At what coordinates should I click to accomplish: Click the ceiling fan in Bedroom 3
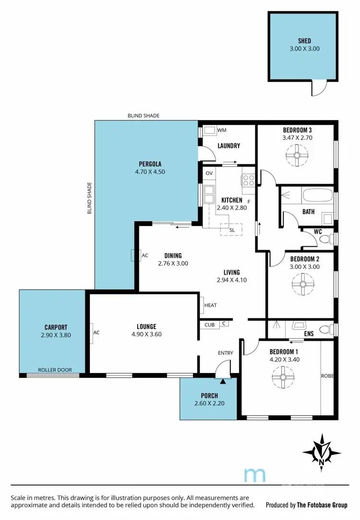296,156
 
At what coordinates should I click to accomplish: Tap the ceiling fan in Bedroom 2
303,284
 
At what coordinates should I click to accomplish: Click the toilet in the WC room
325,238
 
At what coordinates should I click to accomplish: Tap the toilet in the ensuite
326,329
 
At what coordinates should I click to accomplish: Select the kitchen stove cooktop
248,181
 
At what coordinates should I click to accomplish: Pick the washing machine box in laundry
209,130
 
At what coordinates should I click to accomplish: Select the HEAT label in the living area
210,305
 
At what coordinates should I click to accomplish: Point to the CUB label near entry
209,325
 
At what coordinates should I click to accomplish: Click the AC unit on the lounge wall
91,332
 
